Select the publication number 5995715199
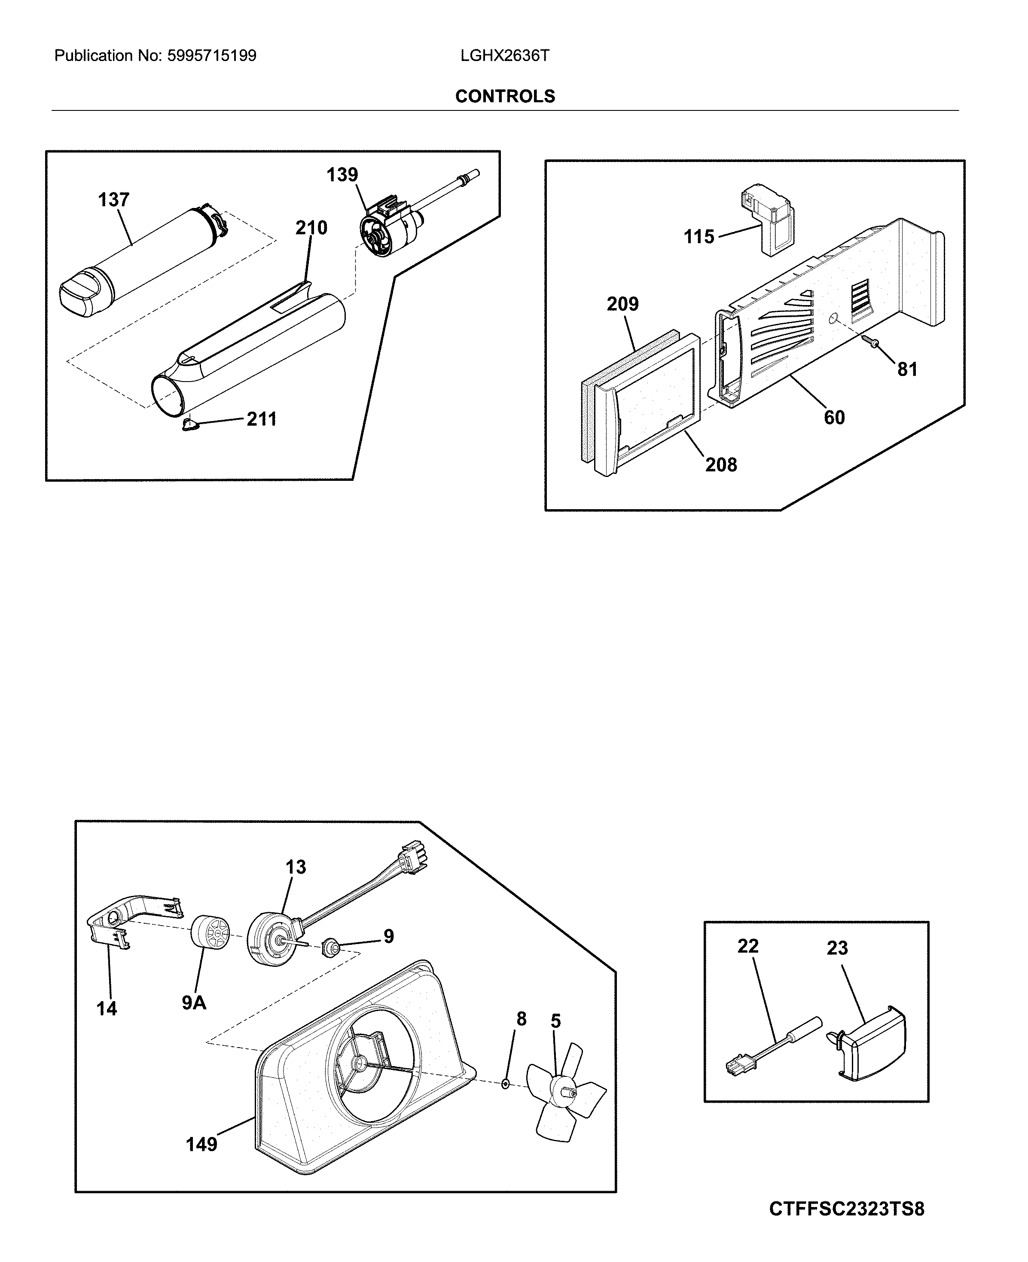[x=211, y=56]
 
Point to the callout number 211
[x=261, y=419]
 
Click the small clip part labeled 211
[x=190, y=426]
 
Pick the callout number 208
[x=721, y=465]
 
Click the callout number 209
[x=622, y=304]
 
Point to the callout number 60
[x=834, y=418]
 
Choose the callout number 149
[x=201, y=1145]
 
